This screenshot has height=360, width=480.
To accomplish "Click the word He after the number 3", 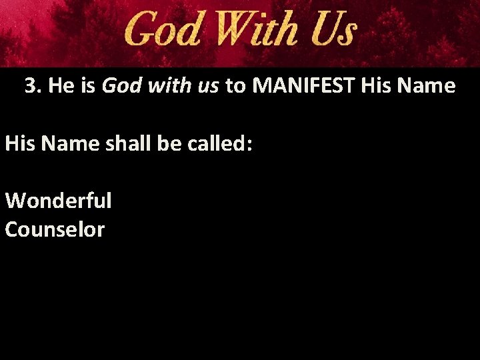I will [x=57, y=86].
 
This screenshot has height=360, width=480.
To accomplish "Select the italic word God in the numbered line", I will [x=119, y=86].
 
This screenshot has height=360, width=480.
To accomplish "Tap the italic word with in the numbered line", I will [x=163, y=86].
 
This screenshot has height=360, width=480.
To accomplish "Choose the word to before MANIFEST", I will [x=235, y=86].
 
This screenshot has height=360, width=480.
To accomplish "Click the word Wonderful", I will [x=58, y=200].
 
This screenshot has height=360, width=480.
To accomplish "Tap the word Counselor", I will [x=55, y=229].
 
